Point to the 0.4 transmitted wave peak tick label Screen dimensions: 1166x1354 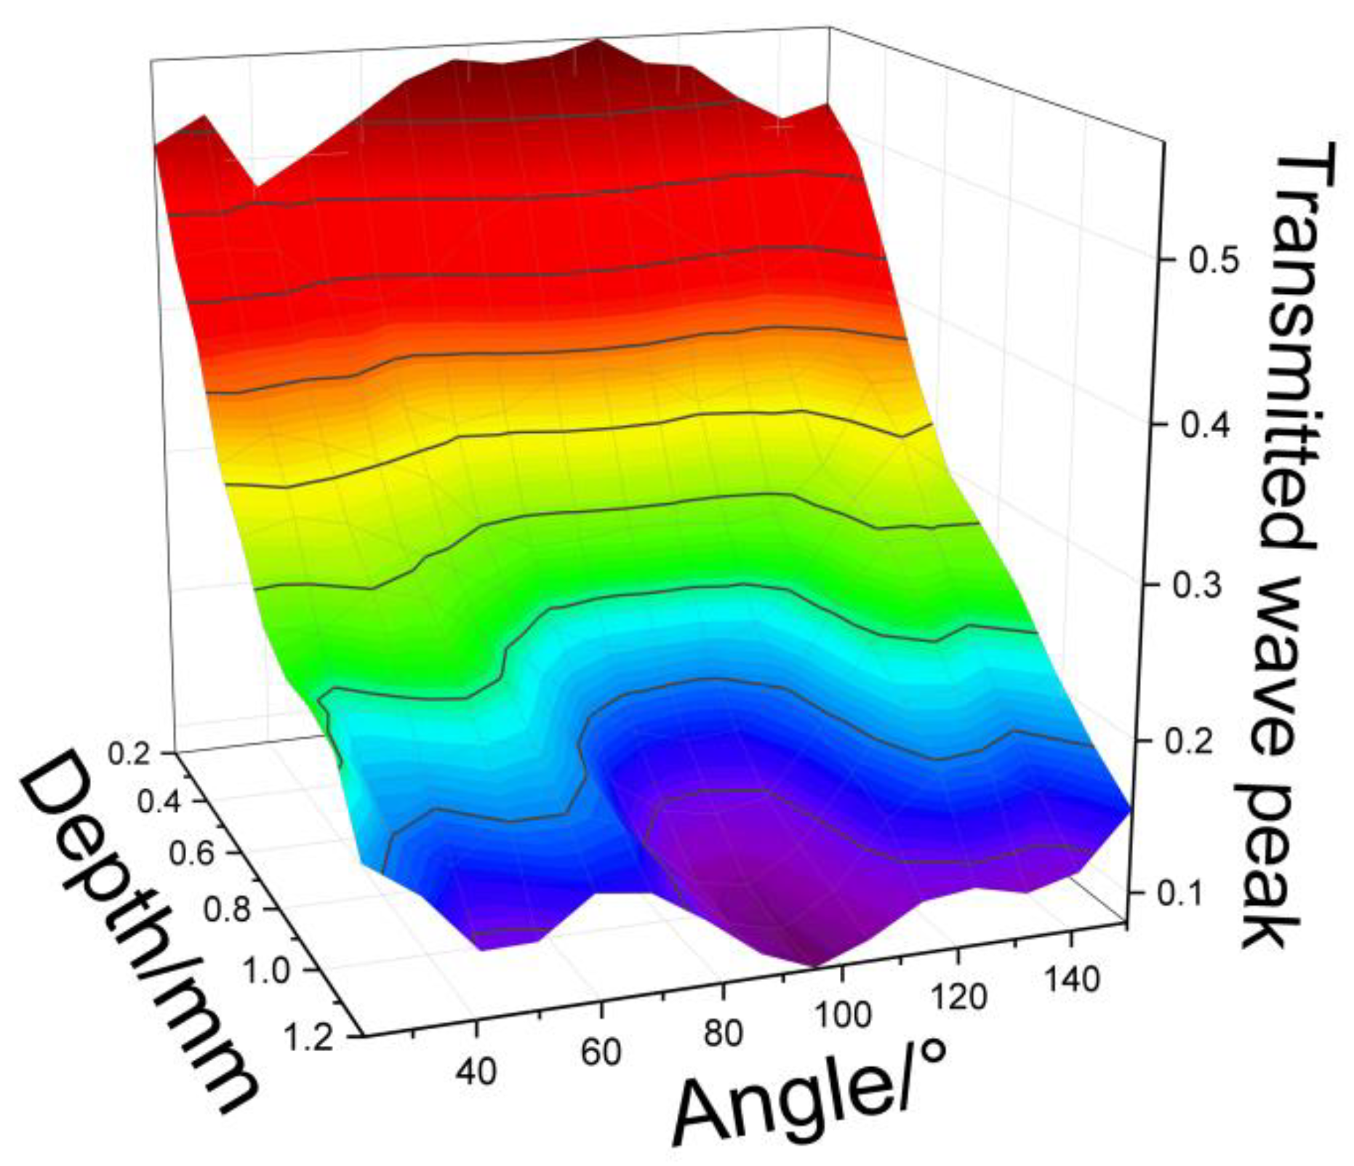pos(1206,426)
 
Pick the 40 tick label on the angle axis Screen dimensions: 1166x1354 pos(476,1071)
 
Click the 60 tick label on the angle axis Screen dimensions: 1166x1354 pos(601,1052)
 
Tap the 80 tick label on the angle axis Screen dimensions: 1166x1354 pos(723,1033)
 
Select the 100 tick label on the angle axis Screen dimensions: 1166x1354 pos(842,1015)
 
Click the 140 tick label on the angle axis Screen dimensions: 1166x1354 pos(1070,979)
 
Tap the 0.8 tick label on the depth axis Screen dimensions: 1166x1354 pos(230,911)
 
